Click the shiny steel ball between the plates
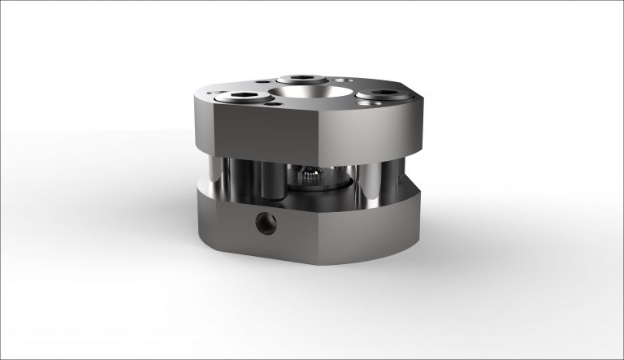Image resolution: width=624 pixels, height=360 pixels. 309,176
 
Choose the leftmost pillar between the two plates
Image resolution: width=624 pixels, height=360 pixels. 213,176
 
